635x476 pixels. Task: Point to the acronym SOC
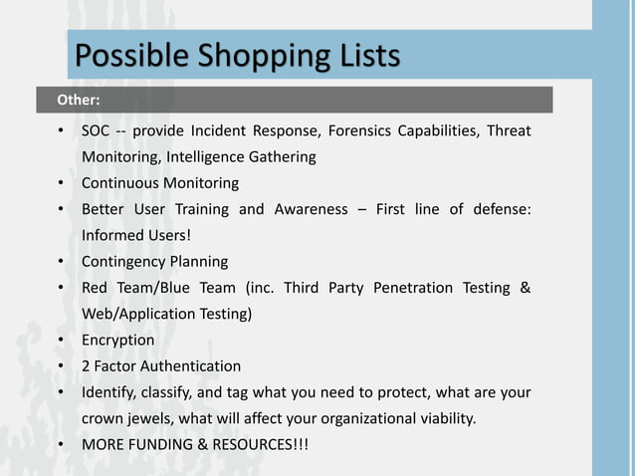click(96, 131)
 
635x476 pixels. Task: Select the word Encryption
click(117, 341)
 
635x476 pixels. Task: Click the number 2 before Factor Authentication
click(86, 366)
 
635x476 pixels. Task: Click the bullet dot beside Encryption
click(61, 341)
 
